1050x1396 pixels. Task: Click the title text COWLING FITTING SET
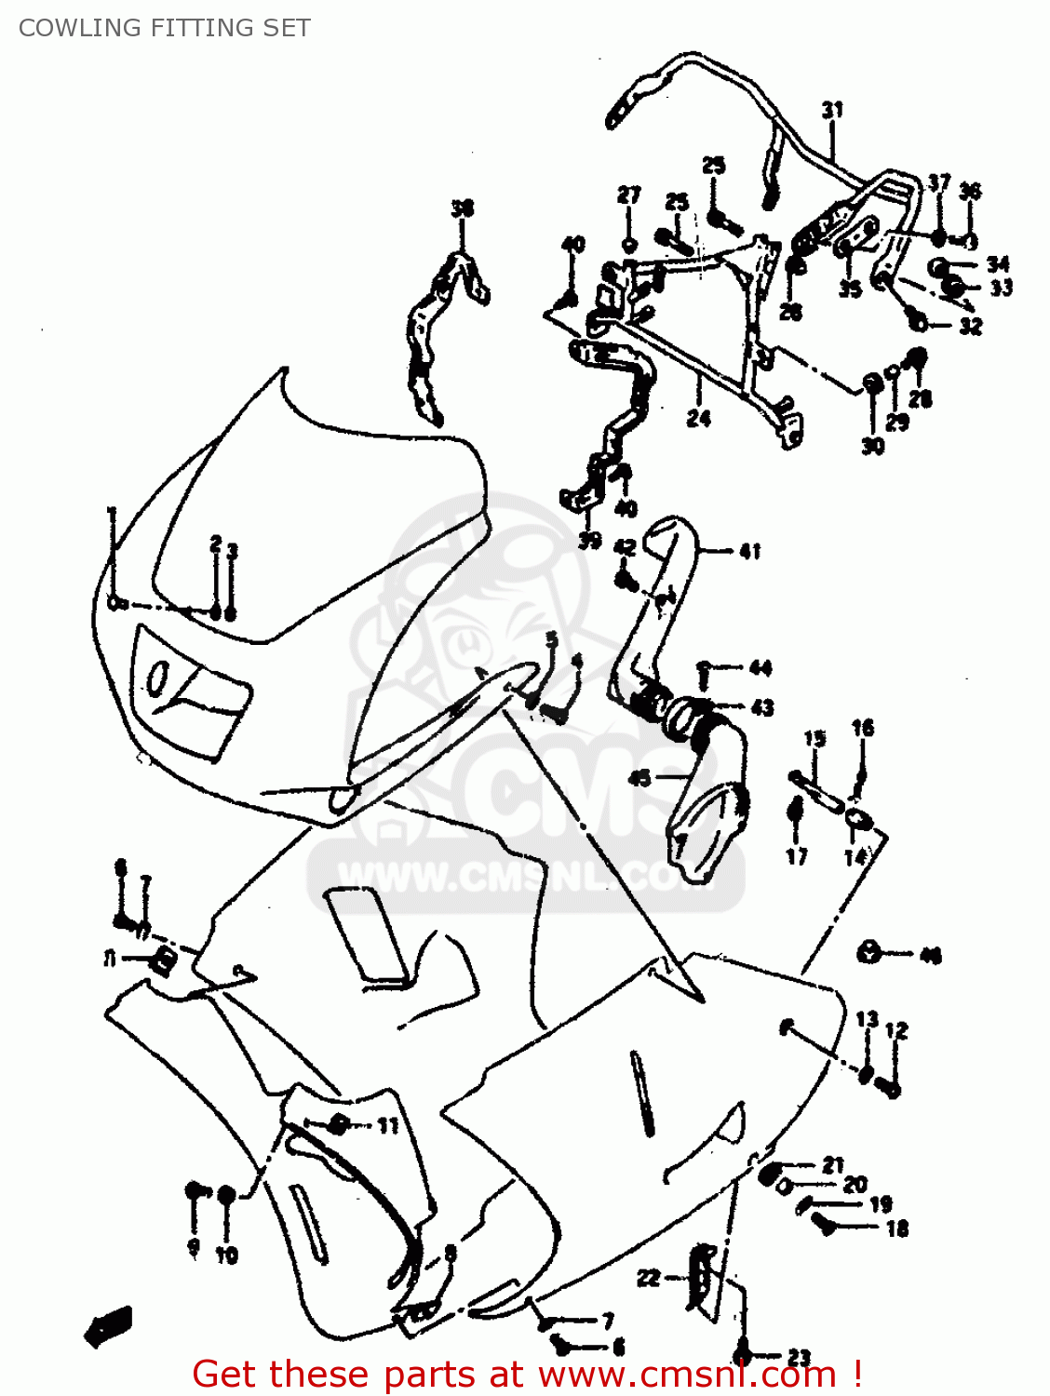164,28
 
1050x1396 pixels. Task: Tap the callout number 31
831,110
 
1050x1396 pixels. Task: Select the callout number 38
462,208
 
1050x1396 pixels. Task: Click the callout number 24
698,419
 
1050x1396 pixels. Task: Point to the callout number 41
749,551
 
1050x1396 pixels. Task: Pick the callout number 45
639,777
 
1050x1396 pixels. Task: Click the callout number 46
930,955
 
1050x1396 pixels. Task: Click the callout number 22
648,1278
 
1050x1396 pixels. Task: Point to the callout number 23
799,1358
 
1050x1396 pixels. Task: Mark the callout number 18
896,1228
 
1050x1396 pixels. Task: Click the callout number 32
970,327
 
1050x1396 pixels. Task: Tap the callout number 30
872,447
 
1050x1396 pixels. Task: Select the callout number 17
797,856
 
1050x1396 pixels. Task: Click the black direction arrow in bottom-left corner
108,1325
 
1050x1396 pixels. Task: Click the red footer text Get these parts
527,1374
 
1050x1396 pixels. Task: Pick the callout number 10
227,1255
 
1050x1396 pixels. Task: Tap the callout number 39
589,541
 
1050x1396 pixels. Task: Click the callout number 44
761,668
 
